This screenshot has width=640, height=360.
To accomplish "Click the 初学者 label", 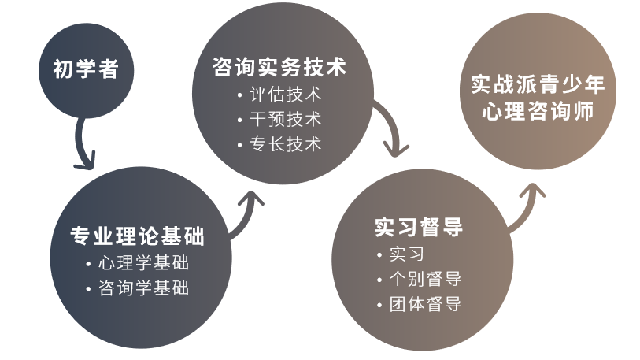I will [x=86, y=70].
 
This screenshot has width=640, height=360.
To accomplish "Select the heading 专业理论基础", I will [x=138, y=235].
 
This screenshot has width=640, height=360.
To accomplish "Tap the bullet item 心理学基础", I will [x=144, y=262].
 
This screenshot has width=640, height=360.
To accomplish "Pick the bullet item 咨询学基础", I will [x=144, y=288].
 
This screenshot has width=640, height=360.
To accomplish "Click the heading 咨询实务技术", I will [x=279, y=67].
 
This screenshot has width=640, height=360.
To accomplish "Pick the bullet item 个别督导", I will [x=425, y=278].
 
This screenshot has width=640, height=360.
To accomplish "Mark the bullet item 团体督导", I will [x=425, y=303].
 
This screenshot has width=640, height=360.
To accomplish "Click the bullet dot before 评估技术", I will [x=240, y=95].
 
